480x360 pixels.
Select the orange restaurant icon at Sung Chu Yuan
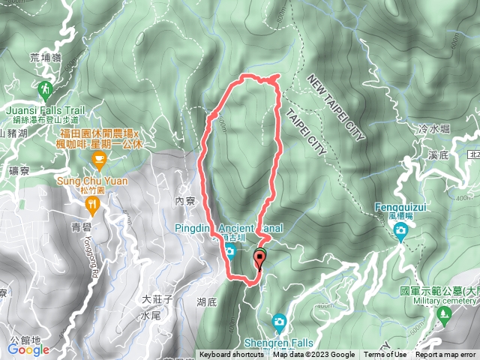(x=92, y=203)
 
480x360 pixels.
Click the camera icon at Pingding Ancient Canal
(x=228, y=248)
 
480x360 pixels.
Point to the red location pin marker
(x=260, y=259)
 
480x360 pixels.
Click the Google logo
(x=28, y=349)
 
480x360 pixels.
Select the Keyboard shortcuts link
(x=231, y=355)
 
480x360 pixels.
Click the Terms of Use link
(x=385, y=355)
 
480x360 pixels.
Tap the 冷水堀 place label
(x=434, y=129)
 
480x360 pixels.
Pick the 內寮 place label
(x=184, y=201)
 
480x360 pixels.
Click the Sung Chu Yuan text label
(x=91, y=181)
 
